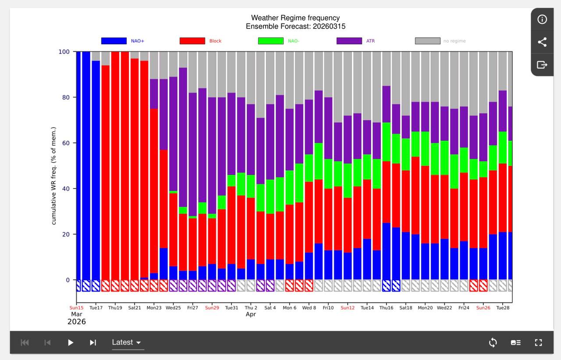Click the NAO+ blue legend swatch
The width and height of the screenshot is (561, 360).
pyautogui.click(x=114, y=41)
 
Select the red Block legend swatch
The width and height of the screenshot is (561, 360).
pyautogui.click(x=192, y=41)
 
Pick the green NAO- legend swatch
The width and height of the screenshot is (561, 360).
pyautogui.click(x=271, y=41)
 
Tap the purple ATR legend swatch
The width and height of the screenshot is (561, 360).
pyautogui.click(x=349, y=41)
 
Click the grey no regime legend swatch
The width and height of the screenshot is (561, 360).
pyautogui.click(x=427, y=41)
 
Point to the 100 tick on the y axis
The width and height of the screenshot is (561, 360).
pyautogui.click(x=64, y=52)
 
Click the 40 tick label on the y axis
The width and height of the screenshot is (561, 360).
pyautogui.click(x=65, y=189)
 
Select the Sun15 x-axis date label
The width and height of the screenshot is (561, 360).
pyautogui.click(x=76, y=308)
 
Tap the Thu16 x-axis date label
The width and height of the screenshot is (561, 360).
pyautogui.click(x=386, y=308)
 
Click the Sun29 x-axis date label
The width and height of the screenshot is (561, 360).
pyautogui.click(x=212, y=308)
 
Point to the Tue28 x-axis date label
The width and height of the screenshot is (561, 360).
pyautogui.click(x=502, y=308)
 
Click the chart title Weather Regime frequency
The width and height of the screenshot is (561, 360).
pyautogui.click(x=295, y=18)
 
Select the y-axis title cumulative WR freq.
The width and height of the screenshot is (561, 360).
pyautogui.click(x=54, y=176)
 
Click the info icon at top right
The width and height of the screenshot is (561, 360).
pyautogui.click(x=542, y=19)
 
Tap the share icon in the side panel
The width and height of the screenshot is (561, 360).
pyautogui.click(x=542, y=42)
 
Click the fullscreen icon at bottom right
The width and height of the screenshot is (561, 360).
pyautogui.click(x=539, y=342)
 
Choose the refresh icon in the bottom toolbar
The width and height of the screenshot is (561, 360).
pyautogui.click(x=493, y=342)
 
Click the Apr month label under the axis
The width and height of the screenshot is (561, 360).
pyautogui.click(x=251, y=314)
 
